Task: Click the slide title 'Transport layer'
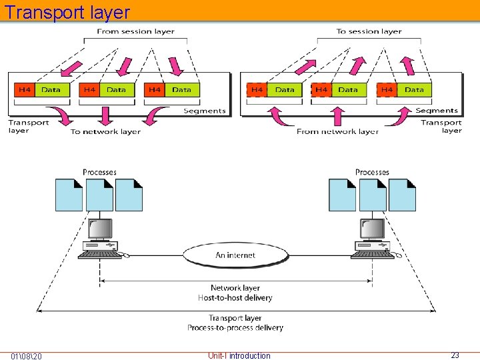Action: point(67,12)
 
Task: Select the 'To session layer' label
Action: point(369,31)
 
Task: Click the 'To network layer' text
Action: point(105,132)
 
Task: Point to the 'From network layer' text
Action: point(337,132)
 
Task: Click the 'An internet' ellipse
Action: point(235,255)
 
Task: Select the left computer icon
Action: point(101,239)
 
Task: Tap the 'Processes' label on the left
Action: point(99,172)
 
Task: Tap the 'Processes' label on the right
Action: point(372,172)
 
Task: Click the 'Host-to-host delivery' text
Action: point(235,297)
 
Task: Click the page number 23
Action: point(455,355)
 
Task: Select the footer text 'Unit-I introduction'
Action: point(239,355)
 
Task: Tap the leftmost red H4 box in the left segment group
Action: point(25,90)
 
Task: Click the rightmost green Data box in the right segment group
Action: point(414,90)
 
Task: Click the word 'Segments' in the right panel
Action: point(437,111)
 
